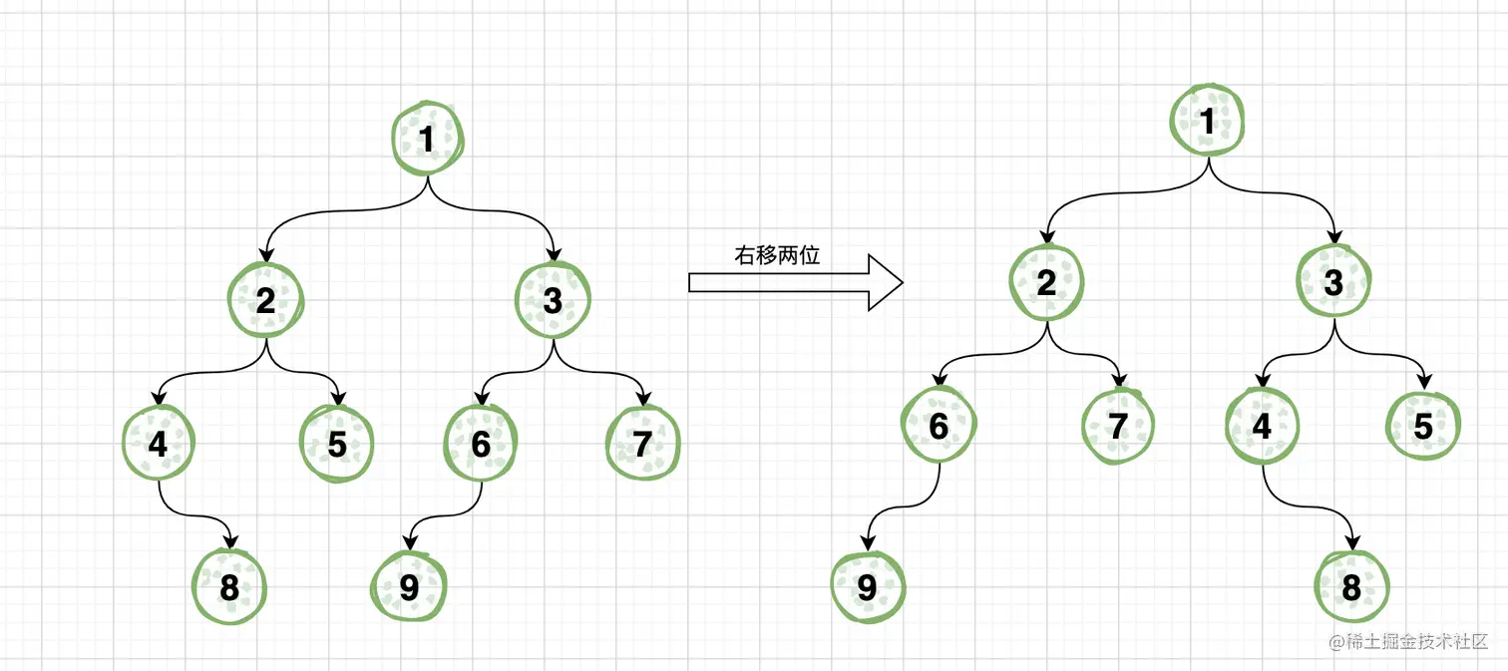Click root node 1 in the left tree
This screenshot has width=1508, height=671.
[x=428, y=140]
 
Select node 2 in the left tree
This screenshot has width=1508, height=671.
[x=265, y=299]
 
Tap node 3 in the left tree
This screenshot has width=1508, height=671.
[x=554, y=299]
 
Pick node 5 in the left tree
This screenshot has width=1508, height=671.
[x=337, y=444]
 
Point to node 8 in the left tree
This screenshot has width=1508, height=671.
[x=229, y=587]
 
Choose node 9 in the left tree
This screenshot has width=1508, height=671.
[x=409, y=587]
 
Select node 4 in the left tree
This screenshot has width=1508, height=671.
[x=158, y=443]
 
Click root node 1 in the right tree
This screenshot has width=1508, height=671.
[x=1208, y=122]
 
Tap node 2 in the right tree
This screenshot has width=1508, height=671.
[x=1046, y=282]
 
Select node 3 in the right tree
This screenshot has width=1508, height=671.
[x=1334, y=282]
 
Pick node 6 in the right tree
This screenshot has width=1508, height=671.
[x=939, y=426]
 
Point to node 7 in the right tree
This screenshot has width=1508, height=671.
[x=1118, y=427]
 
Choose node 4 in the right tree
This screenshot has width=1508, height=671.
[x=1262, y=426]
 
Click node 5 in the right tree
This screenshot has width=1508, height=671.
[x=1423, y=427]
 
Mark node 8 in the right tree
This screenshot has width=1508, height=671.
[x=1351, y=587]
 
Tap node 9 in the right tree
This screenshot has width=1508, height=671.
[x=868, y=587]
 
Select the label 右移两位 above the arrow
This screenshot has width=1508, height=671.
[x=777, y=255]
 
